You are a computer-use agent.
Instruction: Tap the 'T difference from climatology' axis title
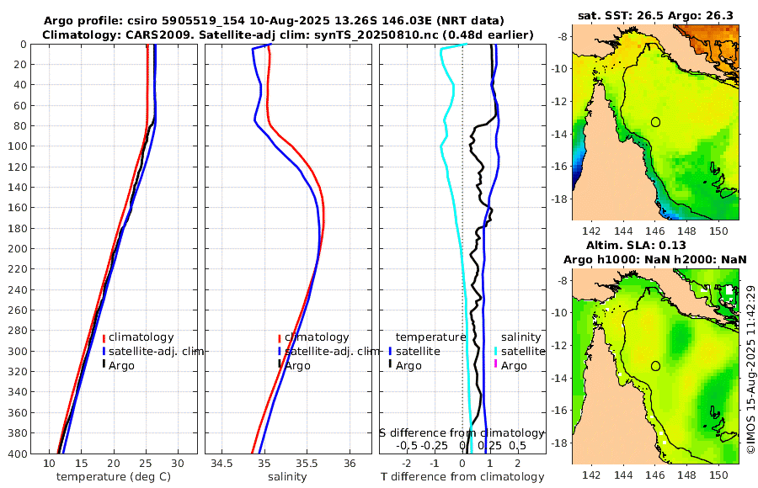462,477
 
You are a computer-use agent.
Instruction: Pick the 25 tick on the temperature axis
146,464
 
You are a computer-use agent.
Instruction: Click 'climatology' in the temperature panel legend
141,337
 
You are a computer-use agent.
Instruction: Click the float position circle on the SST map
655,121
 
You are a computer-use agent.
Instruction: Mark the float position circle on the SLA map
655,366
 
